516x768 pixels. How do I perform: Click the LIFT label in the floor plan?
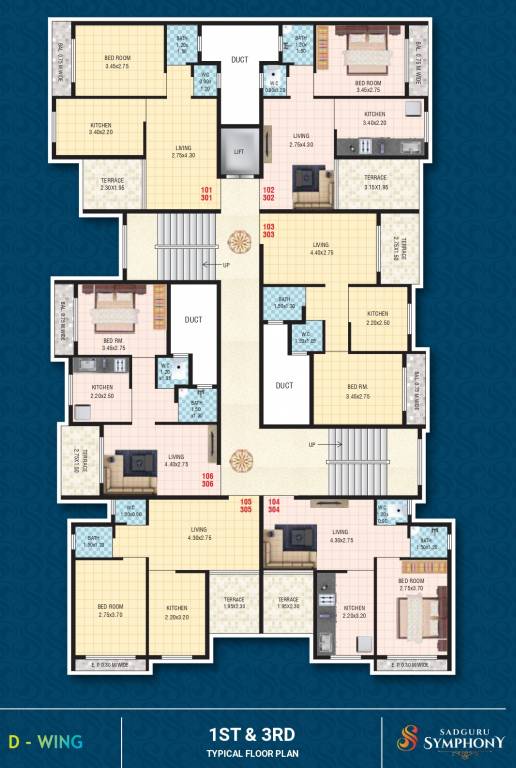coord(238,151)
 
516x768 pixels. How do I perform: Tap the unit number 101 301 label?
coord(207,193)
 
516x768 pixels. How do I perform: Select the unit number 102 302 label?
coord(269,193)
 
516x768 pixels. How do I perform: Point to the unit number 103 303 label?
coord(269,230)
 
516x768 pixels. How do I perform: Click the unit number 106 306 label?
coord(208,479)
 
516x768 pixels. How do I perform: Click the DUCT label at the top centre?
coord(239,60)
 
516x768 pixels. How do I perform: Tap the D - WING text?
coord(46,742)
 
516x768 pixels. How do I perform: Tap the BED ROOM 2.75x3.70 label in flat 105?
coord(110,609)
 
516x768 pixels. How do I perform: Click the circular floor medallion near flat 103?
coord(240,240)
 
